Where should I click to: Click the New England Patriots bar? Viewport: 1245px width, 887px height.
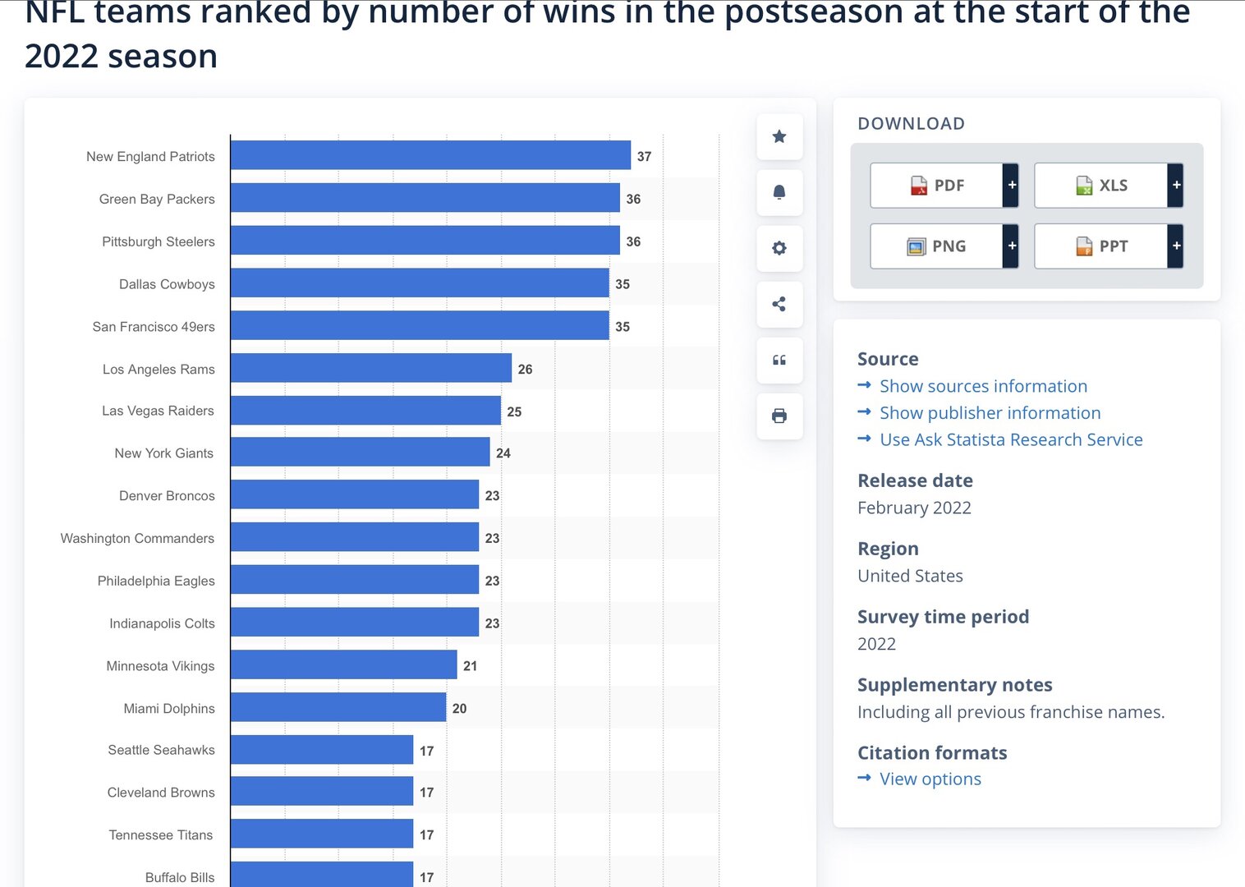click(430, 155)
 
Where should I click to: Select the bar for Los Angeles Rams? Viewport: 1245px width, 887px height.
click(370, 368)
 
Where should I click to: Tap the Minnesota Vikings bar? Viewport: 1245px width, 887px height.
click(343, 664)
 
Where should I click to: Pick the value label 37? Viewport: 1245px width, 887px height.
click(644, 156)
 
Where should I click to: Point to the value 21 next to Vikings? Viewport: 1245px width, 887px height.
click(470, 665)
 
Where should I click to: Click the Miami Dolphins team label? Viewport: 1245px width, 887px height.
click(169, 708)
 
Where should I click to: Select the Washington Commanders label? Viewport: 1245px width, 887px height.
click(137, 538)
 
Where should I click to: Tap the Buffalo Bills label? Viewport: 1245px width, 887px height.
click(180, 877)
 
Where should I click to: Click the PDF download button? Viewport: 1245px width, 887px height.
click(937, 186)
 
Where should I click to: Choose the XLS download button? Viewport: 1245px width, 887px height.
click(1101, 186)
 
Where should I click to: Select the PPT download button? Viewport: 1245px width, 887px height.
click(1101, 246)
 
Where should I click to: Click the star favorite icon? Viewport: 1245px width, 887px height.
click(779, 136)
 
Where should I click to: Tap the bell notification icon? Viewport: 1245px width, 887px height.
click(779, 192)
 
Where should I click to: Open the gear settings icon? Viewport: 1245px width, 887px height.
click(779, 248)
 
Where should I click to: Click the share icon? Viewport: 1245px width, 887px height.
click(779, 304)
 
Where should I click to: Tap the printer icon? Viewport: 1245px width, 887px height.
click(779, 416)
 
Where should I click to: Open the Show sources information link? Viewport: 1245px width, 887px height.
click(983, 386)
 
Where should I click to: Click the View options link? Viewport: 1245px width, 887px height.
click(930, 779)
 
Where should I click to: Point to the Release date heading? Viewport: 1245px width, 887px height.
click(915, 480)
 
